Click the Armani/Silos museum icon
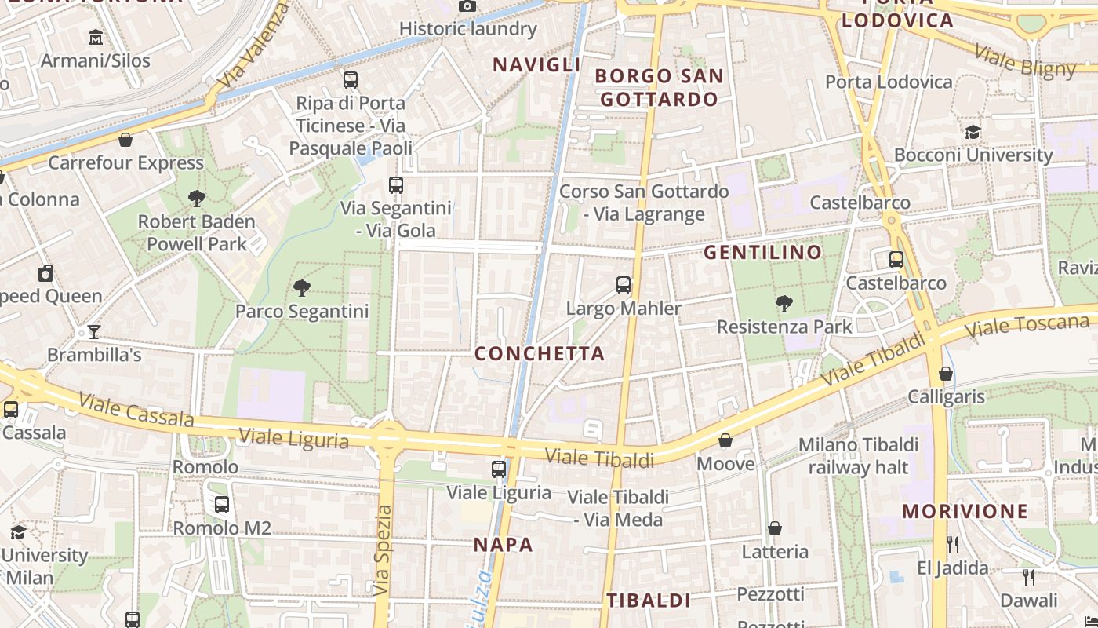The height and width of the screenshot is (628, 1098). coord(96,37)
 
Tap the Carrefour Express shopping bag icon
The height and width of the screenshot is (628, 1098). coord(125,140)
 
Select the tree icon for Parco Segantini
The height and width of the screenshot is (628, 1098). coord(302,288)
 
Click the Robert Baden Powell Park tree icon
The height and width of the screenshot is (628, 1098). coord(197,199)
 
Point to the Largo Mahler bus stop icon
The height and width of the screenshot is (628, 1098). coord(624,285)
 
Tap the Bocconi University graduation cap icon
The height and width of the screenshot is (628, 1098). coord(973,132)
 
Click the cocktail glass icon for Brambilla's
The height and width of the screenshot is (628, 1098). coord(94,332)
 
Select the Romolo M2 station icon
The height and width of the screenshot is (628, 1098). coord(222,505)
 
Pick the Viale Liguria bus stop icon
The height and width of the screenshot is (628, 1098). coord(499,469)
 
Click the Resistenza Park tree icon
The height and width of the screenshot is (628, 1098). coord(784,304)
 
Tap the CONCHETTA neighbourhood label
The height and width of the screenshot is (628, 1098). coord(540,354)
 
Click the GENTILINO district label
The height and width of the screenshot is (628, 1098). coord(762,253)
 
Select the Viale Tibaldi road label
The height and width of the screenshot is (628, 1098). coord(599,457)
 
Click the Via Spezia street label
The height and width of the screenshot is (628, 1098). coord(383,549)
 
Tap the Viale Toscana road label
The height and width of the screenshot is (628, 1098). coord(1027,325)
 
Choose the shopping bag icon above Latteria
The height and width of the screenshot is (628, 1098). coord(775,528)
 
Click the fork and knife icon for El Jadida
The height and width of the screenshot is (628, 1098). coord(953,544)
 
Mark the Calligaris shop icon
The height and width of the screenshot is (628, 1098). coord(946,374)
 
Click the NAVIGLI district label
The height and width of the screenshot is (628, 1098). coord(536,65)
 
